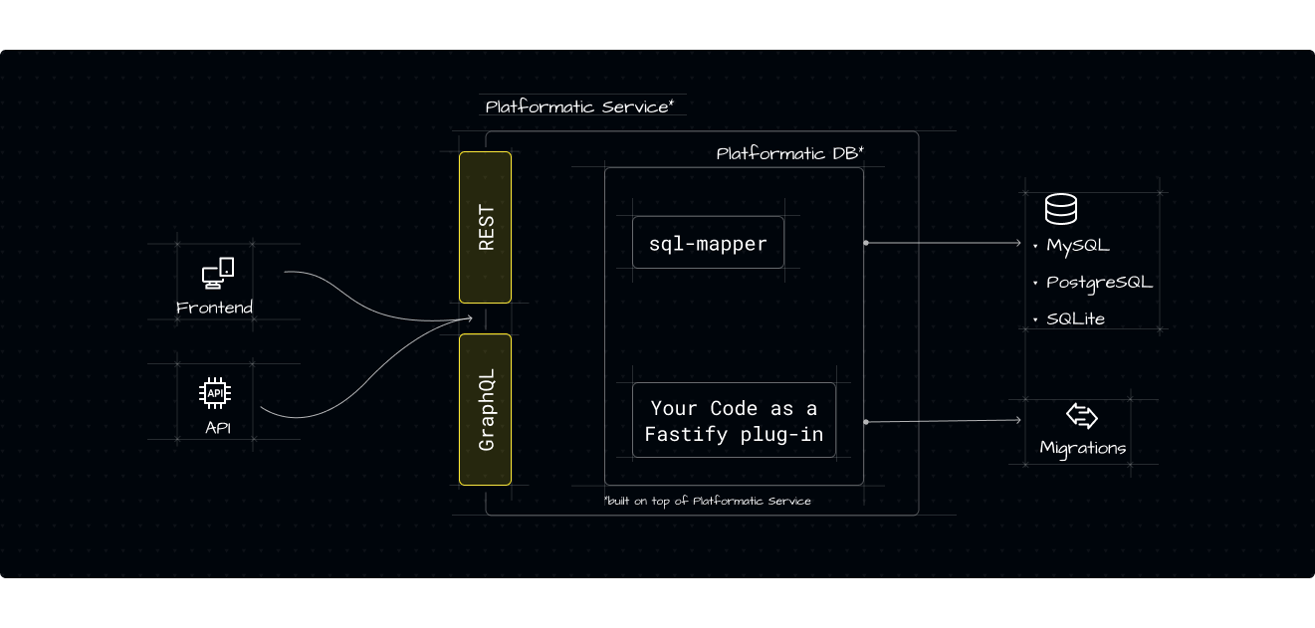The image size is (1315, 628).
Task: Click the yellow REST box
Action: pos(485,227)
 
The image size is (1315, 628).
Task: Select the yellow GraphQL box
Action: pos(485,409)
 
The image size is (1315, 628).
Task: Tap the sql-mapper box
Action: pos(708,244)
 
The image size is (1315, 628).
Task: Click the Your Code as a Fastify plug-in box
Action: pos(734,421)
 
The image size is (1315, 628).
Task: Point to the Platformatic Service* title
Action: pos(579,106)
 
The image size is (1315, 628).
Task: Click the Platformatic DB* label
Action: pos(789,153)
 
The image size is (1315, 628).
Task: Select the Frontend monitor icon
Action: pos(217,273)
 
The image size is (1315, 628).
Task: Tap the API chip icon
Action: pos(215,394)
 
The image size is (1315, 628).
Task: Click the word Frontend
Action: pos(214,308)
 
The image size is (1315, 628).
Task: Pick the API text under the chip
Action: pos(217,429)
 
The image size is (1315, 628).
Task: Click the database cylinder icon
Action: pos(1060,209)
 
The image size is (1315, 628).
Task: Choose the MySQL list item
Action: pos(1077,245)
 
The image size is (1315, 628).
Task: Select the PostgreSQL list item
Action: pos(1098,283)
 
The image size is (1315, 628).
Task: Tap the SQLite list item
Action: pos(1075,319)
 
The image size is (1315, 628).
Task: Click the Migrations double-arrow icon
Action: pos(1081,416)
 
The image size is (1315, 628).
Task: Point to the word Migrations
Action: pos(1082,448)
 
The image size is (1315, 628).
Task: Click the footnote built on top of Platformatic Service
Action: pos(707,501)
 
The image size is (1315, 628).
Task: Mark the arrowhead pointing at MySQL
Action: pos(1018,243)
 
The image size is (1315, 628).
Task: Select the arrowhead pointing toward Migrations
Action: pos(1018,421)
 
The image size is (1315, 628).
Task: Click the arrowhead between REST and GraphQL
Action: pos(469,318)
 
